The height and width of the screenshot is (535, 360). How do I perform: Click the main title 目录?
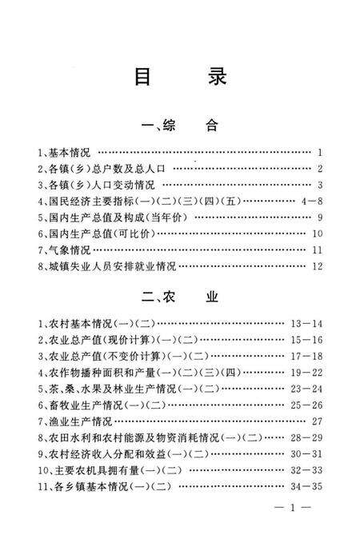coord(179,77)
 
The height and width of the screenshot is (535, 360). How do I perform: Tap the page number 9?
coord(318,218)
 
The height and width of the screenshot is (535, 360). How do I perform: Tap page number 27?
coord(317,421)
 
